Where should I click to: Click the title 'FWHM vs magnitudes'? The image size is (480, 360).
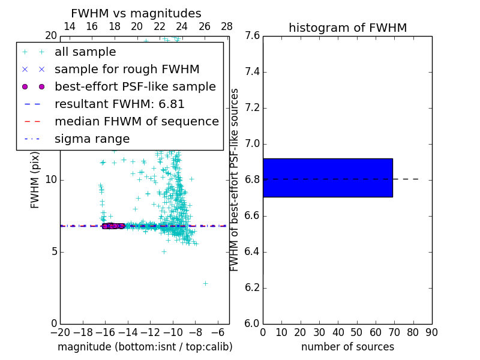coord(136,13)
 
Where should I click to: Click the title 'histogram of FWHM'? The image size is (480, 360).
coord(347,28)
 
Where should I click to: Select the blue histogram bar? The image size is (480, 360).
coord(328,178)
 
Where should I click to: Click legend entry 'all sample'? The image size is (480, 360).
coord(85,52)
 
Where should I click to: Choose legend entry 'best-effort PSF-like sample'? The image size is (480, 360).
coord(135,86)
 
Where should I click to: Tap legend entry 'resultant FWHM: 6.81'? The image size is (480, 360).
coord(119,104)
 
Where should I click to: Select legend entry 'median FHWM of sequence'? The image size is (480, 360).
coord(136,121)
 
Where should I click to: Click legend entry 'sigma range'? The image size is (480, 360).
coord(92,139)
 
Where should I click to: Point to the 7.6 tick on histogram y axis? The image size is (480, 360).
coord(253,36)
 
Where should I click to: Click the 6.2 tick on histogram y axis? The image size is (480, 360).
coord(253,287)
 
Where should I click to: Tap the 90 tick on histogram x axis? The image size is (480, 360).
coord(431,332)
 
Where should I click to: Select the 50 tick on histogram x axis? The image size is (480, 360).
coord(356,332)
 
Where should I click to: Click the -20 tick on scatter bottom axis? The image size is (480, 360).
coord(60,332)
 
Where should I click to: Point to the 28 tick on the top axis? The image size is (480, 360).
coord(227,26)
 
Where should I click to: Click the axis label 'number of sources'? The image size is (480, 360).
coord(347,347)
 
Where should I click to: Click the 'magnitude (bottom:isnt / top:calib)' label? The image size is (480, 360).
coord(145,347)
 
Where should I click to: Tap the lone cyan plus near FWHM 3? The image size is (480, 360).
coord(205,283)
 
